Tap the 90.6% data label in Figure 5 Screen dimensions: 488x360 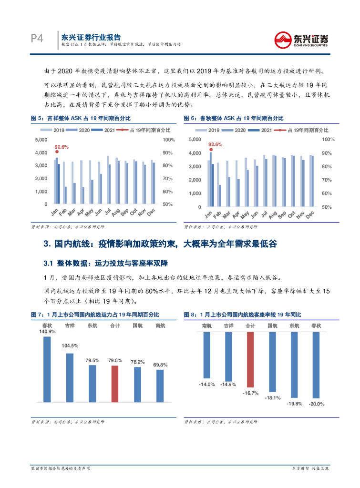pos(61,147)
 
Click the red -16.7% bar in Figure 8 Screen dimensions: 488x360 pos(250,359)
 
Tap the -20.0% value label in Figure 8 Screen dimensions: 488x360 pos(317,404)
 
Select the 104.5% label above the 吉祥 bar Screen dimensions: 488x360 pos(70,346)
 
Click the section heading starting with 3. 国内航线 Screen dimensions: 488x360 pos(160,244)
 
